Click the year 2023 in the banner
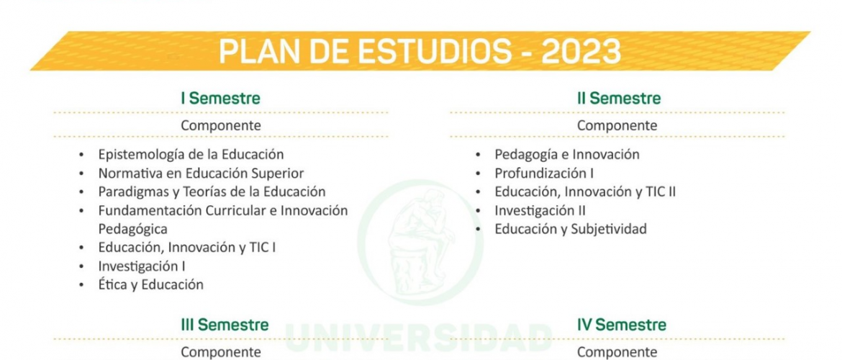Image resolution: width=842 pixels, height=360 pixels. pyautogui.click(x=581, y=52)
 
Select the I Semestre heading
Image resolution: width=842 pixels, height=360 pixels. pyautogui.click(x=221, y=99)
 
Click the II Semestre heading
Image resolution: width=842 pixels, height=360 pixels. pyautogui.click(x=619, y=99)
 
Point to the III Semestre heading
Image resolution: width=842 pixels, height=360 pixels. pyautogui.click(x=225, y=325)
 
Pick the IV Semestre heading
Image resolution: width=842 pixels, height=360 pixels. pyautogui.click(x=621, y=325)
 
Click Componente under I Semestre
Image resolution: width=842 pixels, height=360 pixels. pyautogui.click(x=221, y=126)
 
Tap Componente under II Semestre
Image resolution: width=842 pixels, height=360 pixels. pyautogui.click(x=617, y=126)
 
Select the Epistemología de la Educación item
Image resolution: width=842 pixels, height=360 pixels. pyautogui.click(x=191, y=155)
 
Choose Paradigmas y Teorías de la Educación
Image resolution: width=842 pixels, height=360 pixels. pyautogui.click(x=212, y=192)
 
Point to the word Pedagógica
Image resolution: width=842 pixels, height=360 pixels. pyautogui.click(x=132, y=230)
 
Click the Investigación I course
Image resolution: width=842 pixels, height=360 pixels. pyautogui.click(x=142, y=266)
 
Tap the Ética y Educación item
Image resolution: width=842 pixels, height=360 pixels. pyautogui.click(x=151, y=285)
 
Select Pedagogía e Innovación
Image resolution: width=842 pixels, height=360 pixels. pyautogui.click(x=567, y=155)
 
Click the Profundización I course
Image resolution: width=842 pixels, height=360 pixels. pyautogui.click(x=544, y=174)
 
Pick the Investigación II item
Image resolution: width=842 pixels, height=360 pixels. pyautogui.click(x=540, y=211)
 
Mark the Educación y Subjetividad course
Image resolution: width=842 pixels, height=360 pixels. pyautogui.click(x=571, y=230)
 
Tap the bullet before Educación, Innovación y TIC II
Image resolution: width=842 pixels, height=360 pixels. pyautogui.click(x=477, y=192)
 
